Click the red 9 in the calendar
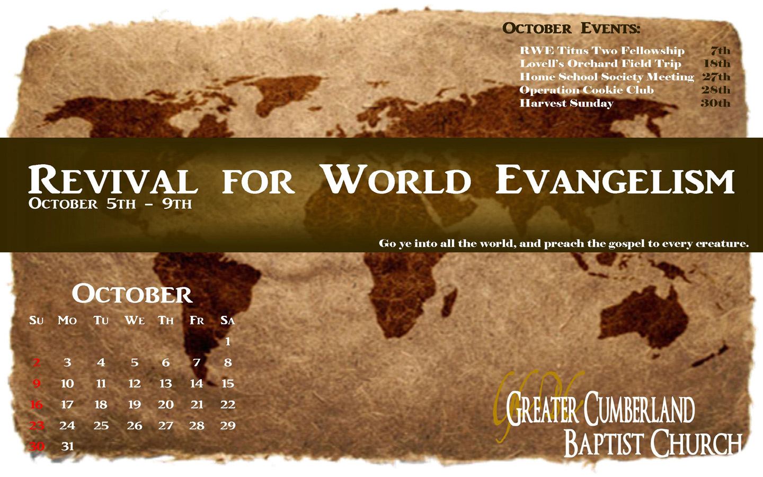pyautogui.click(x=37, y=384)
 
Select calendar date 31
pyautogui.click(x=67, y=446)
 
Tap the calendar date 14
pyautogui.click(x=197, y=384)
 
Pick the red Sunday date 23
pyautogui.click(x=37, y=426)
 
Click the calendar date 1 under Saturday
pyautogui.click(x=228, y=341)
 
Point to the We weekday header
pyautogui.click(x=135, y=320)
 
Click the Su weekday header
pyautogui.click(x=37, y=320)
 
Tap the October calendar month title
pyautogui.click(x=132, y=294)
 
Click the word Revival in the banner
pyautogui.click(x=113, y=180)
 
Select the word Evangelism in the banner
pyautogui.click(x=615, y=180)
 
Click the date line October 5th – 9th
pyautogui.click(x=110, y=204)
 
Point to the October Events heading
pyautogui.click(x=571, y=28)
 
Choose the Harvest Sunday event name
pyautogui.click(x=566, y=103)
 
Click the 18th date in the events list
pyautogui.click(x=717, y=64)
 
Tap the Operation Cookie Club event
pyautogui.click(x=587, y=90)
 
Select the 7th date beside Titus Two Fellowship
pyautogui.click(x=721, y=51)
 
